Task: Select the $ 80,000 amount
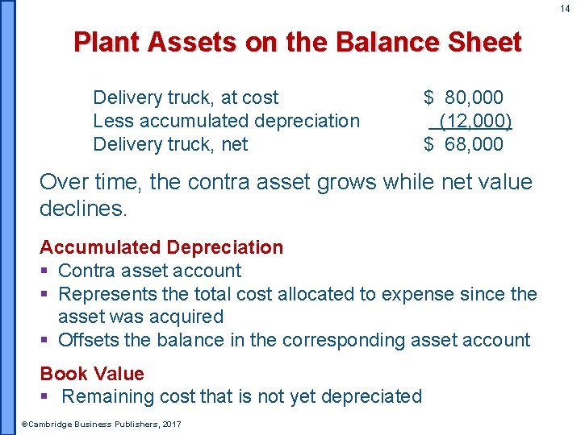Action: point(464,98)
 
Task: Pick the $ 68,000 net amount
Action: point(464,145)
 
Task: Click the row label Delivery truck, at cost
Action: point(186,98)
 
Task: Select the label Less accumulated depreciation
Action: point(226,122)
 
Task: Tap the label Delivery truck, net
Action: point(170,145)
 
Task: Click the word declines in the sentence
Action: point(82,209)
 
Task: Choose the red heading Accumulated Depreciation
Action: point(161,247)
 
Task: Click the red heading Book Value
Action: point(92,374)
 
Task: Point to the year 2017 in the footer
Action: point(172,425)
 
